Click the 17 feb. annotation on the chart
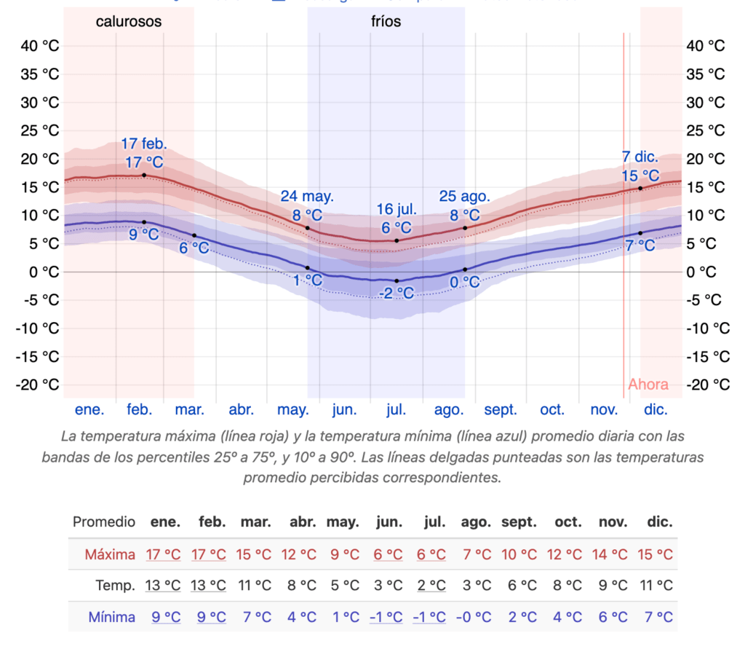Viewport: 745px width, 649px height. point(143,143)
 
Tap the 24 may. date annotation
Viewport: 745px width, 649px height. point(307,196)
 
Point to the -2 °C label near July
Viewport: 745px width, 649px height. point(396,294)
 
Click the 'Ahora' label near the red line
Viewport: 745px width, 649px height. point(648,384)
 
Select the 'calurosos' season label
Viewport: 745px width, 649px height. point(129,22)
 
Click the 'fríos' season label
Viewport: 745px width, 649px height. point(386,22)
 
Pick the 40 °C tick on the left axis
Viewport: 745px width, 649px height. point(41,46)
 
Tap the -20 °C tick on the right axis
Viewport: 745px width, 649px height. point(706,384)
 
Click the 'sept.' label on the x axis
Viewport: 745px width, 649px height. point(501,409)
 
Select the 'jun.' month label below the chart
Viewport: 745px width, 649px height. point(344,409)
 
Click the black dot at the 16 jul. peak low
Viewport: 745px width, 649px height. point(397,240)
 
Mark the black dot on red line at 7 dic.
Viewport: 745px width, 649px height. point(640,188)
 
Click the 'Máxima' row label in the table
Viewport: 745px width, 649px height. point(110,554)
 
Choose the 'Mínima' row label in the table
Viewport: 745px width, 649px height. point(111,617)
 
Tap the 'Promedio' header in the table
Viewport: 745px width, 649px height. point(104,522)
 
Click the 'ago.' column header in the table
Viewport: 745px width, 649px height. point(476,522)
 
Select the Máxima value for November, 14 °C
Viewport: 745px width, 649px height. point(613,554)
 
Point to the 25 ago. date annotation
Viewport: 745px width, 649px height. point(464,196)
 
